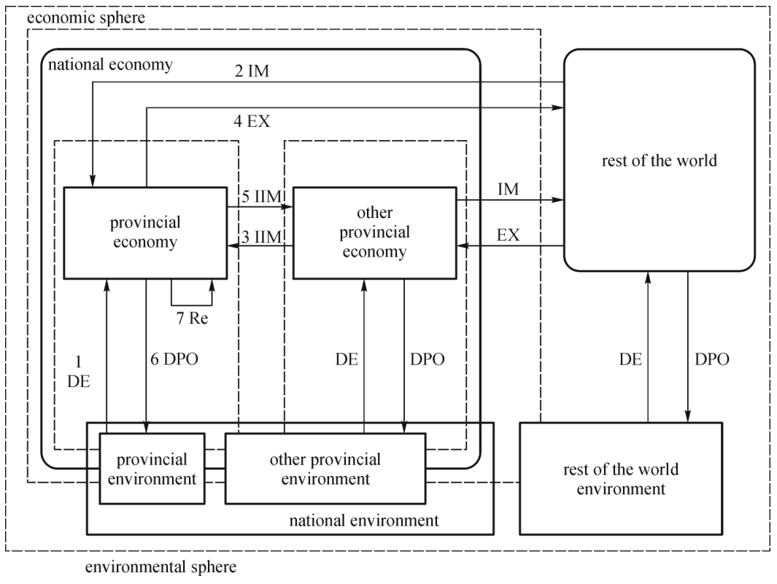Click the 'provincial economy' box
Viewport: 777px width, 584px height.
click(x=145, y=233)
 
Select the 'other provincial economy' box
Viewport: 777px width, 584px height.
click(x=374, y=233)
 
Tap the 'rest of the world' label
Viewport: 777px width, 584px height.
click(x=659, y=160)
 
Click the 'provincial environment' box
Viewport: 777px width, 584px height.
click(x=152, y=469)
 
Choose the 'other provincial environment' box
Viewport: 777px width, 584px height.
click(x=325, y=469)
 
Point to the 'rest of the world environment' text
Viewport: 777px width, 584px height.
click(x=621, y=479)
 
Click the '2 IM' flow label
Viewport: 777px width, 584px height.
click(x=252, y=71)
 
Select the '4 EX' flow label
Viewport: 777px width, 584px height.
click(x=252, y=121)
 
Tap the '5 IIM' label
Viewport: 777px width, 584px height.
click(x=262, y=196)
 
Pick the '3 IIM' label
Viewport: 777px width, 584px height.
click(x=262, y=237)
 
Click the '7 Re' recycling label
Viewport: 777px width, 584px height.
click(x=193, y=318)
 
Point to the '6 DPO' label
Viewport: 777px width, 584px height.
click(x=174, y=359)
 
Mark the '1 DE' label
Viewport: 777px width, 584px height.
click(x=78, y=371)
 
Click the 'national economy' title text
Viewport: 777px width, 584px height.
click(x=110, y=64)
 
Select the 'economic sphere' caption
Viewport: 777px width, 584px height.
click(x=86, y=17)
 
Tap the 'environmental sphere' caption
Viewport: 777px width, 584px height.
click(x=161, y=567)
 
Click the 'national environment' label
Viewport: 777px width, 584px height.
click(x=364, y=521)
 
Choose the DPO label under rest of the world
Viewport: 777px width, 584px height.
click(x=712, y=359)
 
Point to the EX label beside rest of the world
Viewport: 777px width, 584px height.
click(x=509, y=235)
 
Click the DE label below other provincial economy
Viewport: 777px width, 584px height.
click(x=347, y=359)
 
